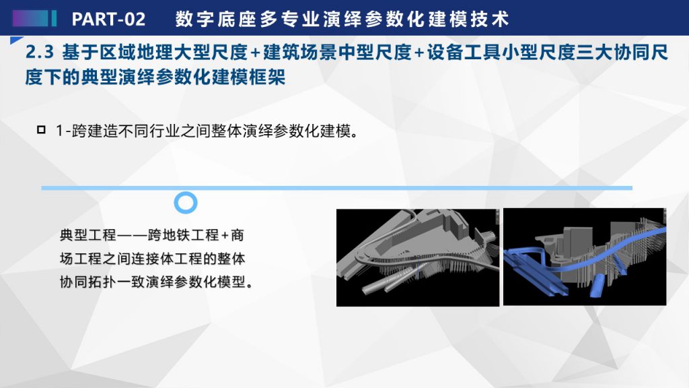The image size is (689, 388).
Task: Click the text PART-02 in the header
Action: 108,19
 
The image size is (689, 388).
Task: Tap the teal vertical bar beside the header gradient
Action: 54,18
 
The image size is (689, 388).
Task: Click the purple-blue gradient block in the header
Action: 30,18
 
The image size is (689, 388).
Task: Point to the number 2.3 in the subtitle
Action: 40,53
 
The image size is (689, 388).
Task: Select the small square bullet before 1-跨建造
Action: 41,130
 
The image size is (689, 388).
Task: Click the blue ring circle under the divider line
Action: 186,193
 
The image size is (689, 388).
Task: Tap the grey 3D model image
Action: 417,257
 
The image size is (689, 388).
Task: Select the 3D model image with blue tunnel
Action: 585,257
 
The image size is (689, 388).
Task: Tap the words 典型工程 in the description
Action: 88,235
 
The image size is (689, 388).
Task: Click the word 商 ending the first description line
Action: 238,235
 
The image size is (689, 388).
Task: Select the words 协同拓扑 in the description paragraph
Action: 88,282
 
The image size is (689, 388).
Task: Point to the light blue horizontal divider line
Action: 336,188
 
